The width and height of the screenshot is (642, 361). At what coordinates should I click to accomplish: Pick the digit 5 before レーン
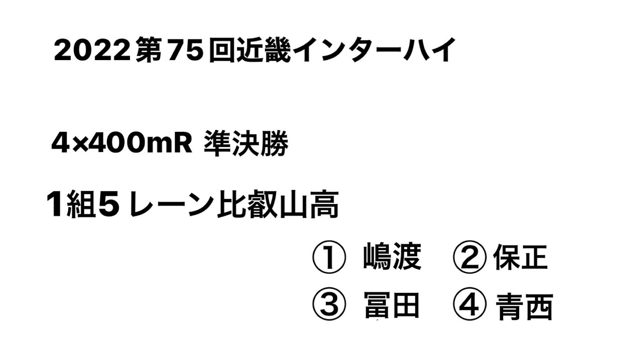pyautogui.click(x=109, y=206)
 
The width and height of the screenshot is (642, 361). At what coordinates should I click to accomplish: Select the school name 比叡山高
pyautogui.click(x=277, y=206)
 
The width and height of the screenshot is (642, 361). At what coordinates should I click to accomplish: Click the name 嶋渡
pyautogui.click(x=392, y=258)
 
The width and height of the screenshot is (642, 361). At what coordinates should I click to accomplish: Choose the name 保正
pyautogui.click(x=520, y=258)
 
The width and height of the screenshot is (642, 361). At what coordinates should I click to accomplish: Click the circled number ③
pyautogui.click(x=329, y=305)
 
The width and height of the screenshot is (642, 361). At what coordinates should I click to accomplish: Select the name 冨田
pyautogui.click(x=392, y=305)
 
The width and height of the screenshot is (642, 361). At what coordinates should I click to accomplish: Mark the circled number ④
pyautogui.click(x=469, y=305)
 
